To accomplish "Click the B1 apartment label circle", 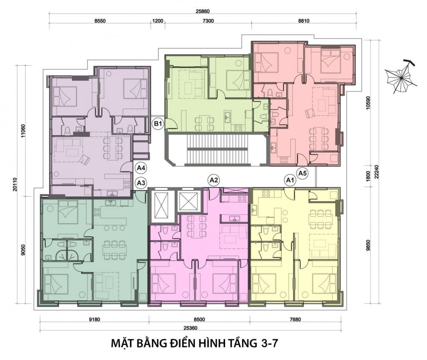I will (x=158, y=124).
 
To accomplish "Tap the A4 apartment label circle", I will (x=141, y=168).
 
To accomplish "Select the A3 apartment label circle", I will (x=141, y=183).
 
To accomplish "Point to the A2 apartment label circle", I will (x=214, y=180).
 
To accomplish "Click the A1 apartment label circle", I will (x=291, y=180).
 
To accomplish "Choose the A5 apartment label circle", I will (x=303, y=173).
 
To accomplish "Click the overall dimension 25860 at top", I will (x=203, y=12).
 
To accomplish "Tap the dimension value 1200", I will (x=158, y=20).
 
